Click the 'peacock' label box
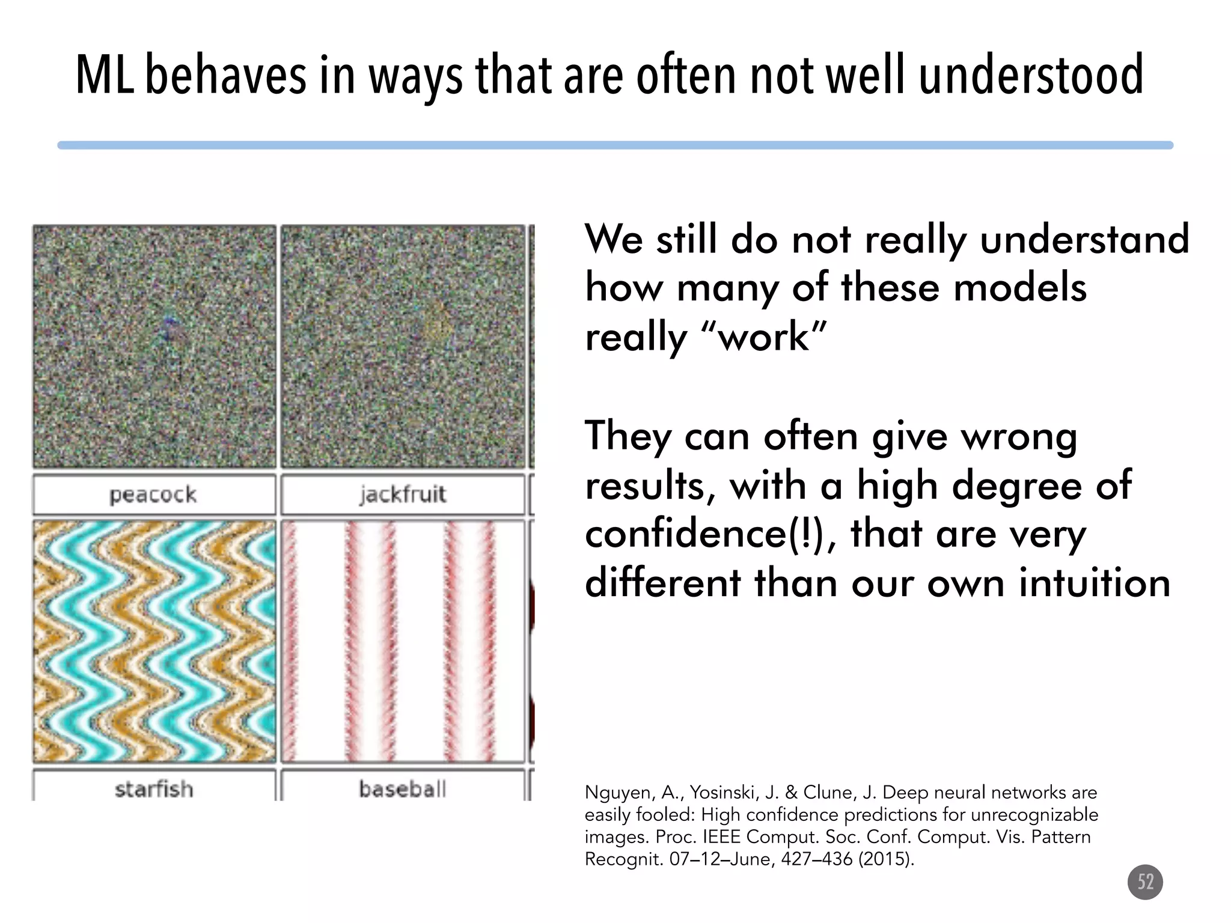pos(154,495)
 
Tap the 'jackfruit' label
pos(403,495)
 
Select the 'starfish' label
pos(154,788)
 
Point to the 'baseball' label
pos(403,788)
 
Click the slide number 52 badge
pos(1145,882)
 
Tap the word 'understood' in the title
pos(1031,75)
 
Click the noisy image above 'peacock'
pos(154,347)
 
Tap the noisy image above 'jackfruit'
pos(403,347)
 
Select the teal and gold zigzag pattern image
pos(154,641)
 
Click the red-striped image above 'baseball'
pos(403,641)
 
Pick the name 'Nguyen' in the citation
pos(619,793)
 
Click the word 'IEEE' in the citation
pos(722,837)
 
